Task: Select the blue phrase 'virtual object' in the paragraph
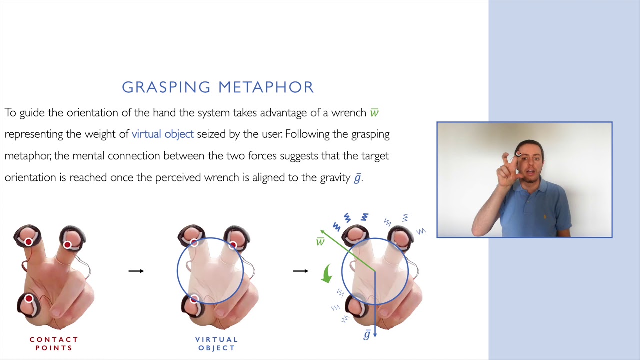162,134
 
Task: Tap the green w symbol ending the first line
374,113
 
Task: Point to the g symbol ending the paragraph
357,178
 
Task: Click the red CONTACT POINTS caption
54,343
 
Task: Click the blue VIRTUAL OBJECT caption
216,343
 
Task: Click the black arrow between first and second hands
136,271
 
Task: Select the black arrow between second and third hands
300,271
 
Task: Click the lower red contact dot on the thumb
29,299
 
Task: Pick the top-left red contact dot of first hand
28,242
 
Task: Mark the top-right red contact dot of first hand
67,245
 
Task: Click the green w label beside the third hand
320,242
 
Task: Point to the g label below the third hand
367,335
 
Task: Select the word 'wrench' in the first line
348,113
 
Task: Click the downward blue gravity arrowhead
375,335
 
